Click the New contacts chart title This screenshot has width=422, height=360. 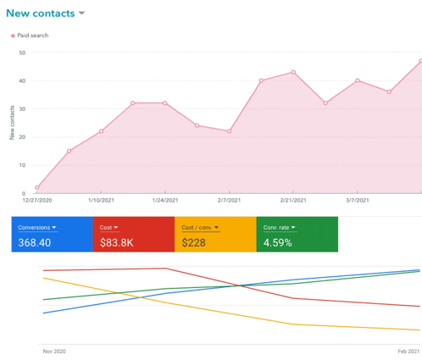[x=39, y=14]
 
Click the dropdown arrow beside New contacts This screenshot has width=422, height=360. [x=81, y=14]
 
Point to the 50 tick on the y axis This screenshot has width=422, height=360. [x=21, y=53]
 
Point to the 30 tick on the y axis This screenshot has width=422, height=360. [x=21, y=108]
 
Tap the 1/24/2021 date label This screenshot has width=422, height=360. [x=164, y=201]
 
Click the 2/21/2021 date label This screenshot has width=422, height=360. [x=293, y=201]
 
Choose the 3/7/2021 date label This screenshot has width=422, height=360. [x=357, y=201]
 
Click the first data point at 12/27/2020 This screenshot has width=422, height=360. [x=36, y=187]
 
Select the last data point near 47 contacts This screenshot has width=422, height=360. [x=419, y=61]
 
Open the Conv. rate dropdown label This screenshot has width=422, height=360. [x=279, y=227]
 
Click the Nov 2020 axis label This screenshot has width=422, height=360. [x=53, y=350]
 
